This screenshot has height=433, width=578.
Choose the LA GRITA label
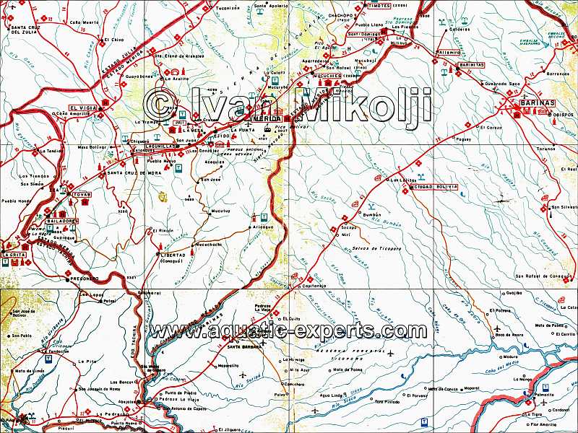click(x=14, y=255)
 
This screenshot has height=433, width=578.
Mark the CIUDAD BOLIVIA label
click(x=435, y=186)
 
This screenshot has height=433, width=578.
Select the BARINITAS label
click(x=472, y=64)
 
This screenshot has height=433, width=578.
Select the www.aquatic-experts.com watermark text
click(x=288, y=331)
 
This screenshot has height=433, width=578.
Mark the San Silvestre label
click(x=564, y=207)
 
